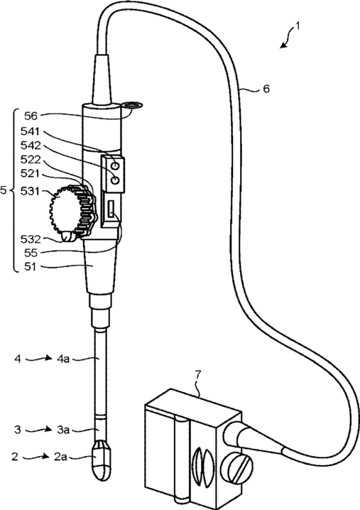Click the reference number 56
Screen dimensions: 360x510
[x=31, y=116]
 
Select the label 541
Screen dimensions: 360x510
[x=30, y=131]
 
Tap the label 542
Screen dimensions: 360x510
[x=31, y=146]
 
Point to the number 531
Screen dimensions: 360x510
[x=30, y=191]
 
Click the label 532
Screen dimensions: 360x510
[x=31, y=239]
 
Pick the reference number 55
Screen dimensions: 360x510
[x=31, y=253]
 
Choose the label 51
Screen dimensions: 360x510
[x=31, y=266]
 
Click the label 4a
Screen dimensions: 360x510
[x=63, y=359]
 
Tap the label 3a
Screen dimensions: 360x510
[x=63, y=430]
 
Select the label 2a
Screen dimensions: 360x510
[x=60, y=457]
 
